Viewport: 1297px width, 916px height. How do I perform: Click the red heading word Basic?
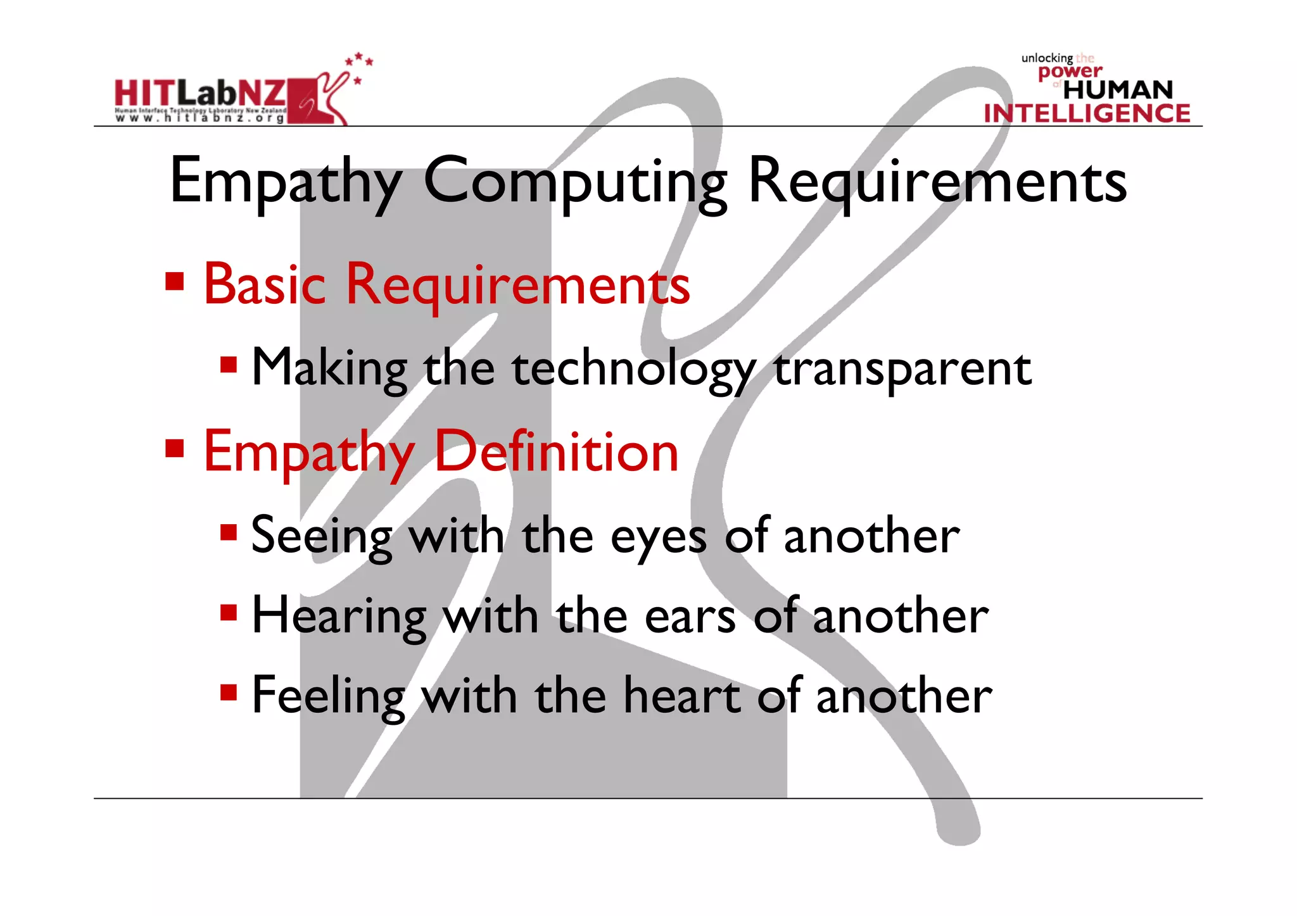click(x=265, y=285)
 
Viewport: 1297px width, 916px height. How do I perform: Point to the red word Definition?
click(x=557, y=452)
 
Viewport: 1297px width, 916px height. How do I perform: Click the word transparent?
click(x=902, y=369)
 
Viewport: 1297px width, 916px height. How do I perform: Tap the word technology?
click(x=634, y=369)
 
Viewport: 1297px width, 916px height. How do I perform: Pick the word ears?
click(x=690, y=617)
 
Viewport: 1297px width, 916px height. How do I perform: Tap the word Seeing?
click(x=322, y=537)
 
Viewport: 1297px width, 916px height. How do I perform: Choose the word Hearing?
click(x=339, y=617)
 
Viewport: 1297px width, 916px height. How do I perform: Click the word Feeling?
click(x=327, y=696)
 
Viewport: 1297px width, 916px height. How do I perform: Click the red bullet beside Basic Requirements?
click(x=174, y=281)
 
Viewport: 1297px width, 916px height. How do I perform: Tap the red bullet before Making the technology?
click(x=229, y=364)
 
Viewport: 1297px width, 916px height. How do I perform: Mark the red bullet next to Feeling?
click(x=229, y=692)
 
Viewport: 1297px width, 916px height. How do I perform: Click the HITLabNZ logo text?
click(x=200, y=94)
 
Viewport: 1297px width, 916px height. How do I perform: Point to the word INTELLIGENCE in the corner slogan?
click(x=1087, y=113)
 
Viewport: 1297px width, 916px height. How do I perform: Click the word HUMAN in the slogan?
click(x=1118, y=90)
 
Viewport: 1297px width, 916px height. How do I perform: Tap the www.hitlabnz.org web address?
click(x=200, y=118)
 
